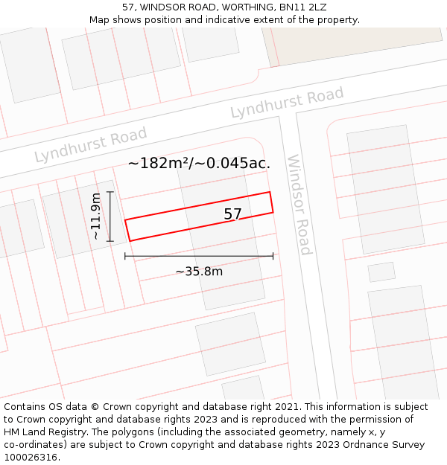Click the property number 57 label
(233, 214)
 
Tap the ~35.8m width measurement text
(199, 272)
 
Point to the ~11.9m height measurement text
(95, 217)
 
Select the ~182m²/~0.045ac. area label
(199, 163)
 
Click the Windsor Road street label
(299, 205)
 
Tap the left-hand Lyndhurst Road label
(91, 145)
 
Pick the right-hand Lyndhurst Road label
(287, 103)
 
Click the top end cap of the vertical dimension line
(110, 192)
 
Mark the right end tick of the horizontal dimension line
(273, 256)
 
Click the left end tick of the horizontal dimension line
(125, 256)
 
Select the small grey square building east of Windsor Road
(381, 272)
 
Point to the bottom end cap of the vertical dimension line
(110, 241)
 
